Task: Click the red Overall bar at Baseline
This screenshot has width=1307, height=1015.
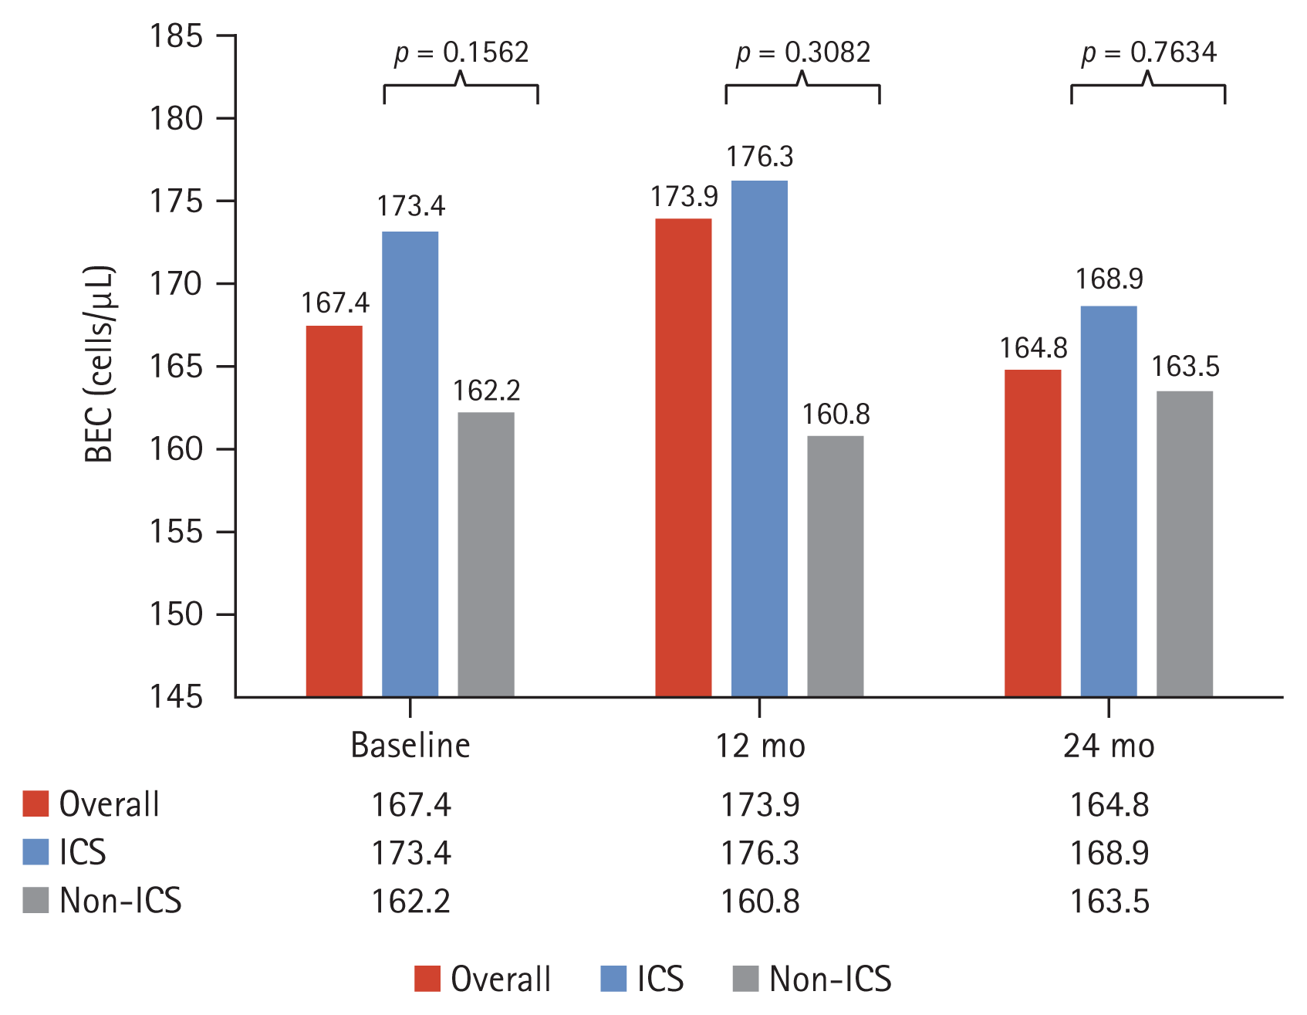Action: click(334, 511)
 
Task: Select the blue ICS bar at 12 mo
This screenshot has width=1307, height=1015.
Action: click(759, 438)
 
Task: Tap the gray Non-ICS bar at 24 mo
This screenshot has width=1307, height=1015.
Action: click(1184, 543)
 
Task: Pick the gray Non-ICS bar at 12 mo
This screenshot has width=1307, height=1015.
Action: click(836, 566)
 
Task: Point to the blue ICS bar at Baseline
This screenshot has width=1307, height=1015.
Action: click(410, 464)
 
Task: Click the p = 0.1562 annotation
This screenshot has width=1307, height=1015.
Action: click(461, 52)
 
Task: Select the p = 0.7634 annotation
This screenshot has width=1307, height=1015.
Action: click(1149, 52)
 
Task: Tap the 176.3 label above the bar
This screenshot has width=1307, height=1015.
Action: click(759, 157)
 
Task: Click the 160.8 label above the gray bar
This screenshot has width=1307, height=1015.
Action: click(836, 414)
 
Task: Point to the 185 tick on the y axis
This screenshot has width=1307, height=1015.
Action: click(176, 36)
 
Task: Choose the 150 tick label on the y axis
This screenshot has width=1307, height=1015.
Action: click(176, 614)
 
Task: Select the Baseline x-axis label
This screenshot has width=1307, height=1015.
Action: click(410, 746)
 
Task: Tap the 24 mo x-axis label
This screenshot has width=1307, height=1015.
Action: click(1109, 746)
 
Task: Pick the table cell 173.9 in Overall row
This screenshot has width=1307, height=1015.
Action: click(760, 805)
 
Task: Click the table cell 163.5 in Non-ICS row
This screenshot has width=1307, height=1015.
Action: click(1109, 902)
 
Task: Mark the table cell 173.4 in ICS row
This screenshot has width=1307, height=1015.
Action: click(410, 853)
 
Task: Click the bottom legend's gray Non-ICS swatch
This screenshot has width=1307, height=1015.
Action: click(745, 979)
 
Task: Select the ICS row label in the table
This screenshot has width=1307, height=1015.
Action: click(83, 852)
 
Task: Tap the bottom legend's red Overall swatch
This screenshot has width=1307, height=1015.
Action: click(427, 979)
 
